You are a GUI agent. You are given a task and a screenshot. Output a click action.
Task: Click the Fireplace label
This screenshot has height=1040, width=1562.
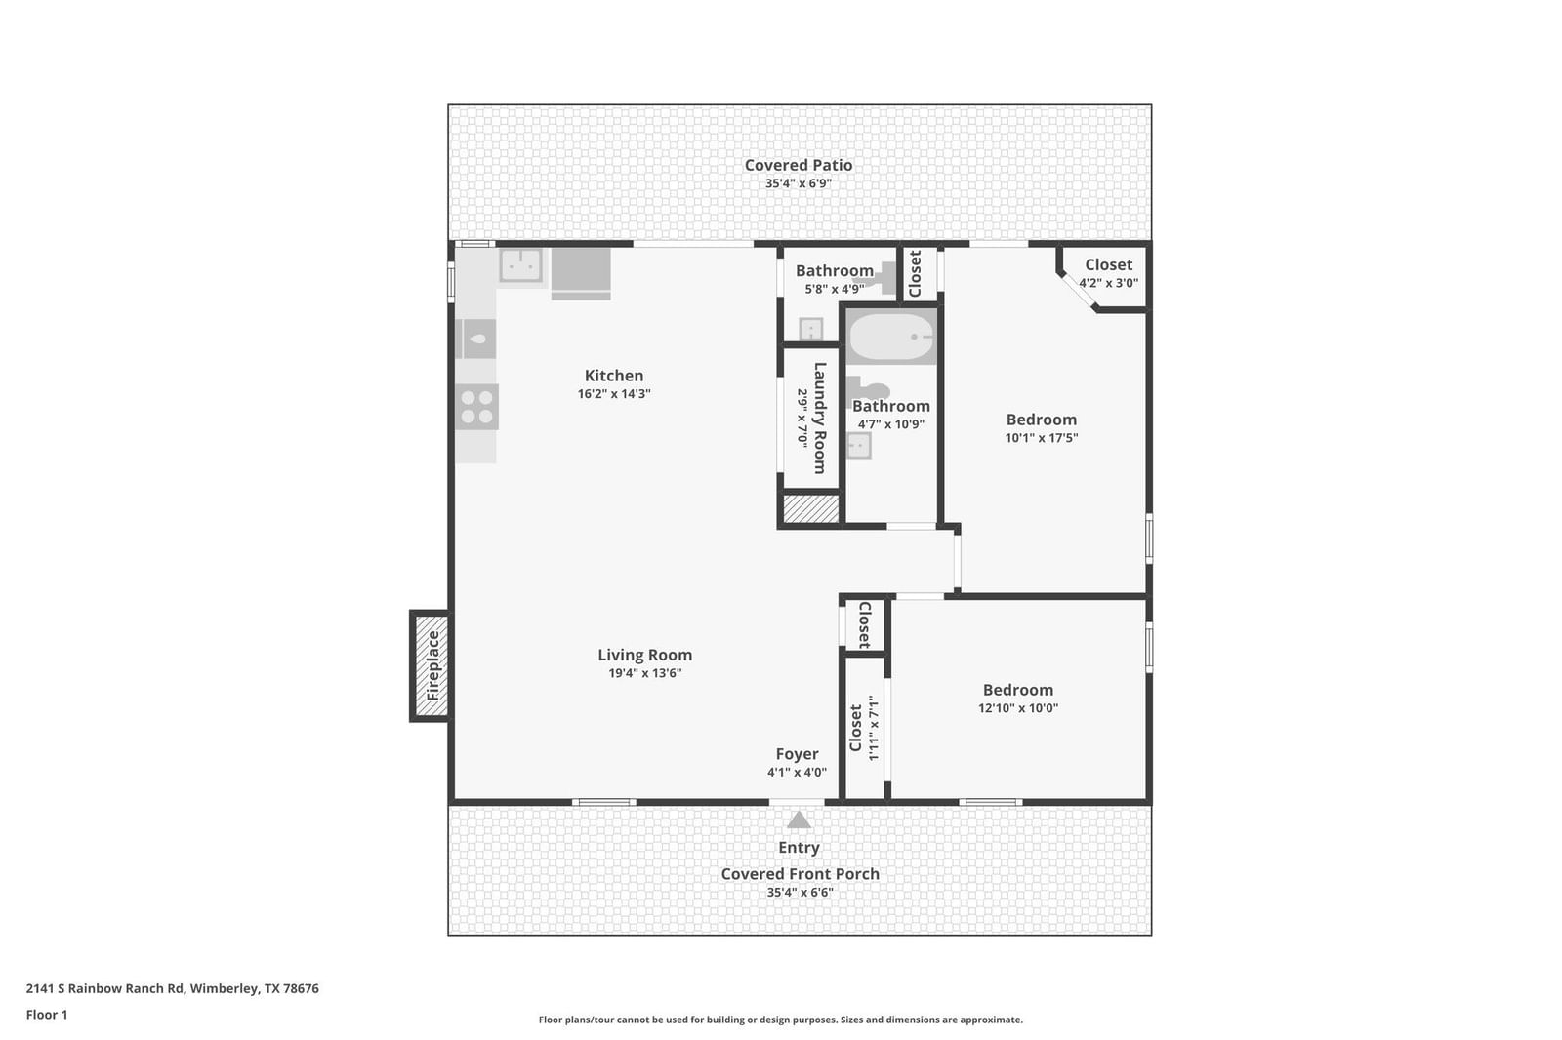(x=433, y=665)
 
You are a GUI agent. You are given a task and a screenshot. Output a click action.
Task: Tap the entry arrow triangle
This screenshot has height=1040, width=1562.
(x=799, y=820)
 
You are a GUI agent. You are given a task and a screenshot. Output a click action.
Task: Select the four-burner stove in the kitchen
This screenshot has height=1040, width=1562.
(x=477, y=407)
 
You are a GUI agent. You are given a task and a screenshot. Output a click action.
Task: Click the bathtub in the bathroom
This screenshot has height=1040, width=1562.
(x=892, y=337)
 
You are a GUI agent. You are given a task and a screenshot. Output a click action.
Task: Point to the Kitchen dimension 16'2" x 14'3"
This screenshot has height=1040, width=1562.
(x=614, y=394)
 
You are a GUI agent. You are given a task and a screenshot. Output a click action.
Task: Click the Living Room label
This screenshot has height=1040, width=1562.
(x=644, y=655)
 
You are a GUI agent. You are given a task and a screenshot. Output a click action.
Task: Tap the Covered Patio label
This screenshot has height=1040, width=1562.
(x=799, y=165)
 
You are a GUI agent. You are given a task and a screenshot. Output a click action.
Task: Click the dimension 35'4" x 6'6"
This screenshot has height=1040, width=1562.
(x=800, y=893)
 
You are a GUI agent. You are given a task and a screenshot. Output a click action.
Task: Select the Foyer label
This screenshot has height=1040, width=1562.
(x=797, y=754)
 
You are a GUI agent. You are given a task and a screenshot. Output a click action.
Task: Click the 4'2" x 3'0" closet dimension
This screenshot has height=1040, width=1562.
(x=1109, y=283)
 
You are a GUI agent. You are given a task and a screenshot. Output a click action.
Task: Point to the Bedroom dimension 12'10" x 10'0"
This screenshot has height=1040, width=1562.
(x=1018, y=708)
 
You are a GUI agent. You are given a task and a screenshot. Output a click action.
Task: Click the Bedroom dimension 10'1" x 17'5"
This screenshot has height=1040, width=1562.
(x=1041, y=438)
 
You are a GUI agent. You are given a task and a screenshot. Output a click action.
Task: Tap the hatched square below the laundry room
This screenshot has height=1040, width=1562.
(x=811, y=508)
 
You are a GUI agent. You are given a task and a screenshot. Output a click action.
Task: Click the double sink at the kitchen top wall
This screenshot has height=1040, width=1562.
(x=521, y=265)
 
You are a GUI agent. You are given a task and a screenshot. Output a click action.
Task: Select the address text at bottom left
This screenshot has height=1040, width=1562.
(x=172, y=988)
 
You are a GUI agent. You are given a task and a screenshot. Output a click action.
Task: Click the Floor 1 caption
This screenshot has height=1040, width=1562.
(x=47, y=1015)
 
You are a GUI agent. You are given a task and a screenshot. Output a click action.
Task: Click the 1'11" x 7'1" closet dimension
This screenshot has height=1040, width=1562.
(x=873, y=728)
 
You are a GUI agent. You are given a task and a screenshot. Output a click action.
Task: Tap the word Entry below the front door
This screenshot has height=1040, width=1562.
(x=799, y=848)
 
